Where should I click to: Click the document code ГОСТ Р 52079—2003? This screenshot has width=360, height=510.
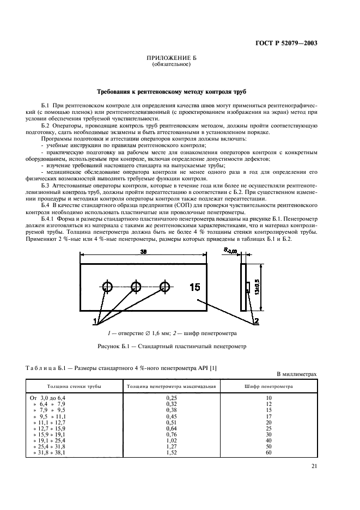pos(288,44)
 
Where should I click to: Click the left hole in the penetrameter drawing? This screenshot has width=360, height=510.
pos(107,287)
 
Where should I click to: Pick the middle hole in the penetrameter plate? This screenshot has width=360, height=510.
pos(136,287)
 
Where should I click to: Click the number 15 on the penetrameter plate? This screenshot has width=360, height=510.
pos(195,287)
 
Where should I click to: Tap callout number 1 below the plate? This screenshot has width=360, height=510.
pos(95,319)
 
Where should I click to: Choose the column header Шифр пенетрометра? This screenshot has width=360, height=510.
pos(269,386)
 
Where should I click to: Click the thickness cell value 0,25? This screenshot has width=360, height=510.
pos(172,399)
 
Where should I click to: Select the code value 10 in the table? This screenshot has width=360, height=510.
pos(269,399)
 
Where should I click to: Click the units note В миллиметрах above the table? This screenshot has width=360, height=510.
pos(296,374)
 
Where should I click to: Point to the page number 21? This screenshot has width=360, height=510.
pos(314,466)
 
